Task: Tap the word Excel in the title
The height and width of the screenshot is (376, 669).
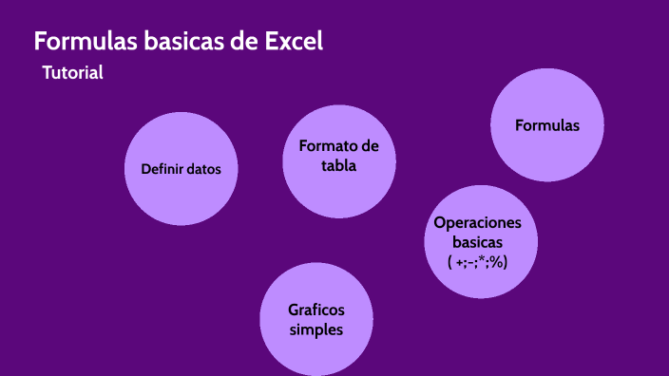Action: coord(294,42)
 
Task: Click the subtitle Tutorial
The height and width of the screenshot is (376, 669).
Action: coord(72,72)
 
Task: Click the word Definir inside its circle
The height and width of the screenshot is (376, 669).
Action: coord(161,170)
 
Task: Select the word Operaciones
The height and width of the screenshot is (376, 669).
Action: coord(478,222)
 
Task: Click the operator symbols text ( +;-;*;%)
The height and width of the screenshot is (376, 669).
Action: coord(478,261)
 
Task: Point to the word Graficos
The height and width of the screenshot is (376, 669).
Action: coord(316,310)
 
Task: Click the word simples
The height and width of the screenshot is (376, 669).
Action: coord(316,329)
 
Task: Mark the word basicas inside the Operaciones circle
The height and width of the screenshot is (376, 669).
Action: coord(478,242)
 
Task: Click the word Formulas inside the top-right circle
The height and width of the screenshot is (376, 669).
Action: coord(546,124)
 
